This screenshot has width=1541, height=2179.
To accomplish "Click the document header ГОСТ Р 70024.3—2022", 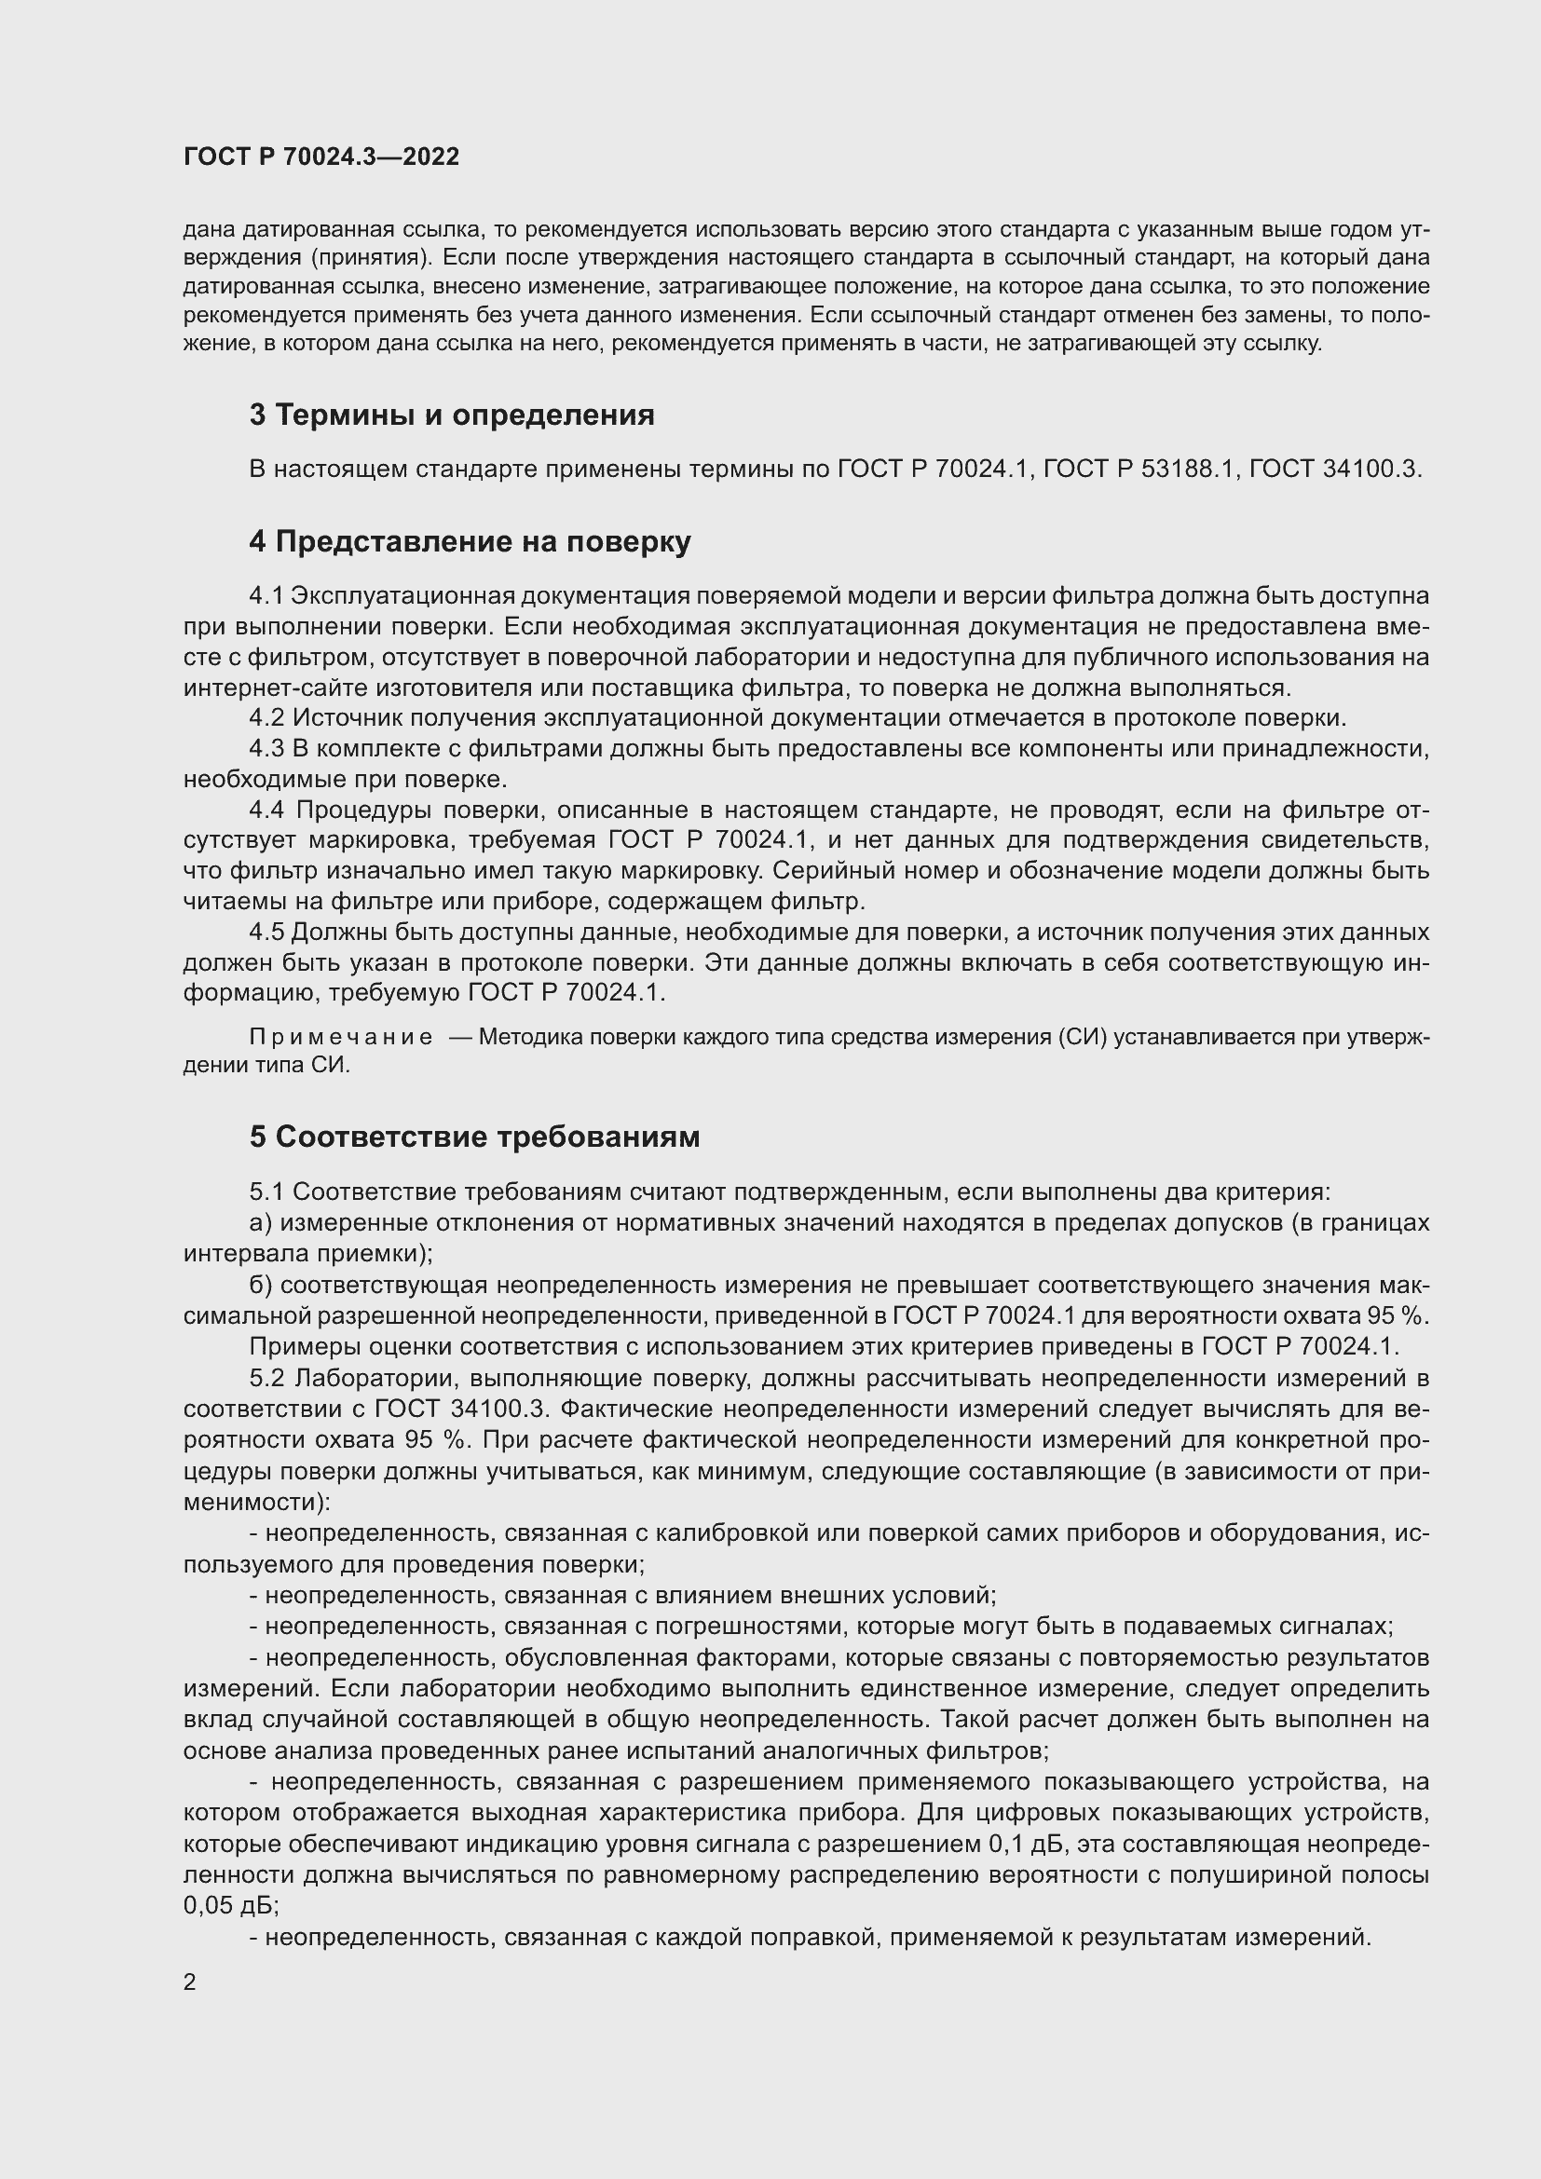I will (320, 157).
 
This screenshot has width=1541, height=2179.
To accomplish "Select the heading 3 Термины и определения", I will (452, 415).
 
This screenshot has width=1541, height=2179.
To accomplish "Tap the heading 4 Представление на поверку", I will (470, 541).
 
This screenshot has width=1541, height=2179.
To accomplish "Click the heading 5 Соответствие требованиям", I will (474, 1137).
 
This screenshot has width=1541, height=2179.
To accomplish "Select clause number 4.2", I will (266, 718).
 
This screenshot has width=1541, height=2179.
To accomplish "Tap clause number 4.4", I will (266, 810).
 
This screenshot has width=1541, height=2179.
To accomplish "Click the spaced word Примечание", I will (341, 1037).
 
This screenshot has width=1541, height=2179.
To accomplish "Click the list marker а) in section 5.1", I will (261, 1222).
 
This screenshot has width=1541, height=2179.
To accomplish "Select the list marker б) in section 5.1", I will (261, 1285).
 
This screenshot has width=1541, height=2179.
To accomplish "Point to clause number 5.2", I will (266, 1377).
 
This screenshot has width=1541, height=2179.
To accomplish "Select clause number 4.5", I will (266, 932).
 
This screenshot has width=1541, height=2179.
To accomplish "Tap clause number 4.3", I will (266, 749).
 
